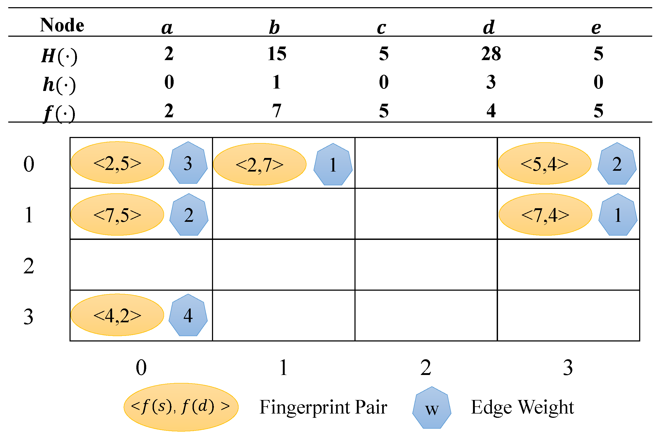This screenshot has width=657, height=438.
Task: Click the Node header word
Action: (x=62, y=25)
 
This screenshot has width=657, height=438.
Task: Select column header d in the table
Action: (x=489, y=27)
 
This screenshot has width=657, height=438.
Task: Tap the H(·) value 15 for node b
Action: (x=277, y=54)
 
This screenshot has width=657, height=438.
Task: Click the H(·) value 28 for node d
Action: (x=491, y=54)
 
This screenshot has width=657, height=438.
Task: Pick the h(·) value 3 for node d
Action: (x=491, y=82)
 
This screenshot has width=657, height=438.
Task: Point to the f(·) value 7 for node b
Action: (x=276, y=111)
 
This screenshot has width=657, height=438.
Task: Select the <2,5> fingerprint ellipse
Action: (x=117, y=163)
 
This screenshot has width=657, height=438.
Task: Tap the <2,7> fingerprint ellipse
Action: (x=260, y=165)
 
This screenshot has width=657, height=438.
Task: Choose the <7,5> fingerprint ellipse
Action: (x=117, y=215)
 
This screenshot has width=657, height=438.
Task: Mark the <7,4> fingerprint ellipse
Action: (x=545, y=215)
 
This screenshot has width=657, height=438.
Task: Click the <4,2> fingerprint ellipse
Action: (x=117, y=315)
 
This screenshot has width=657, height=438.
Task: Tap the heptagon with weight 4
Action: (x=188, y=315)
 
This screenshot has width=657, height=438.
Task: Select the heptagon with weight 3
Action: (x=188, y=163)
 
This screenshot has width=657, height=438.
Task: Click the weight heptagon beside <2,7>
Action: (x=333, y=165)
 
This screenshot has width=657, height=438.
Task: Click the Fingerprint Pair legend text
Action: (x=323, y=407)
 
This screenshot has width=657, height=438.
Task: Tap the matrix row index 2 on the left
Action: (x=28, y=266)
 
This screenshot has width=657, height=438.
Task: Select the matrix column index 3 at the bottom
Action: (x=568, y=368)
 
